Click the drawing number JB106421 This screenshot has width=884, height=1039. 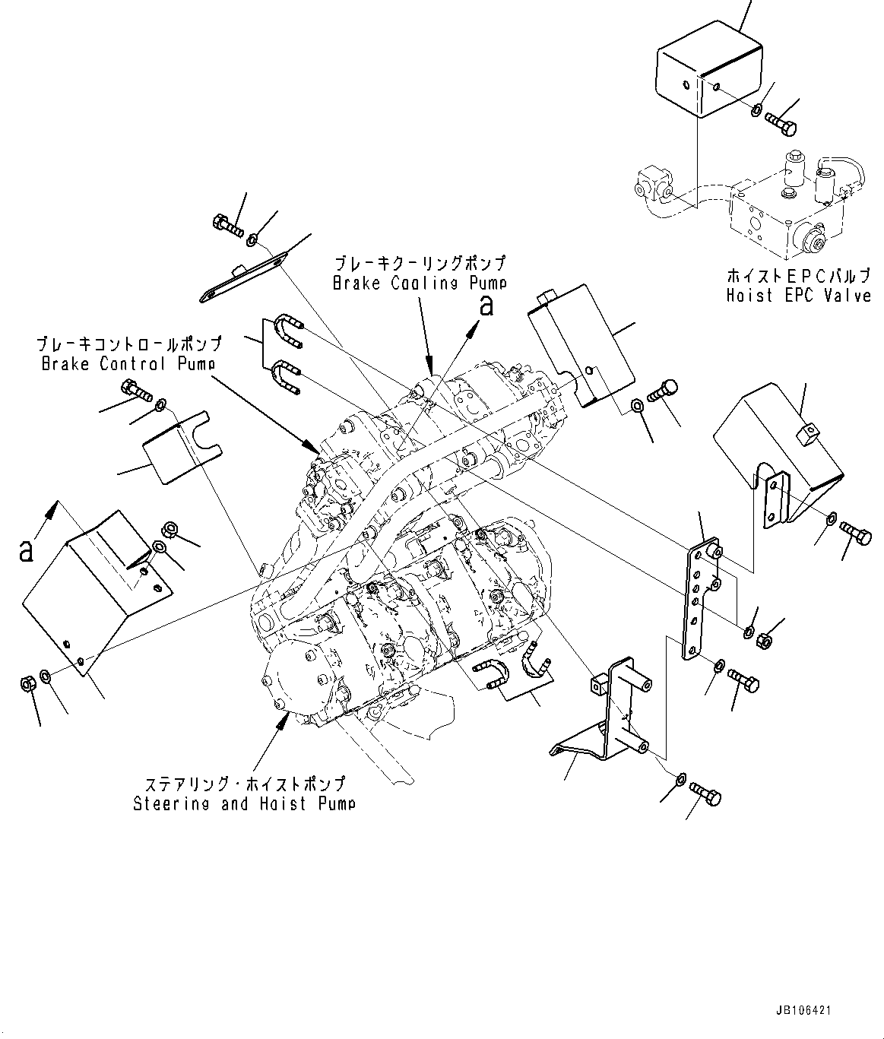pos(803,1011)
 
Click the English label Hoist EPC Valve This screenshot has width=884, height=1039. pos(797,295)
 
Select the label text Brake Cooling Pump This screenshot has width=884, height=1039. pos(420,283)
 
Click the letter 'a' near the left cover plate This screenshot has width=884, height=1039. pos(27,550)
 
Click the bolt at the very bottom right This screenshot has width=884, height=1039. pos(706,796)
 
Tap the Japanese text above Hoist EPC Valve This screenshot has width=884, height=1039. pos(797,275)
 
